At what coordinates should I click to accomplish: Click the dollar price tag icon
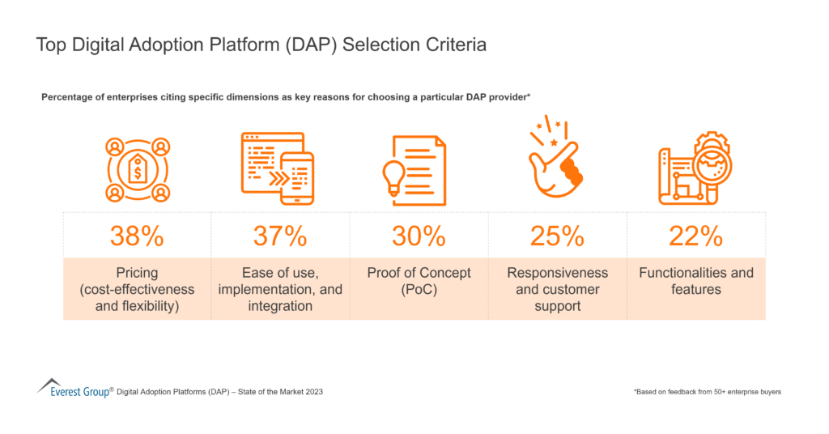(x=138, y=170)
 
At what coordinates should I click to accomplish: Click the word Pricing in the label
(x=137, y=273)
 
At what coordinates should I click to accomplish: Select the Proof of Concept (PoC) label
(x=419, y=281)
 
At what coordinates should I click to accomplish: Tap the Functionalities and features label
(x=696, y=281)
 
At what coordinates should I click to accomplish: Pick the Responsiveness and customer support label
(x=557, y=289)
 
